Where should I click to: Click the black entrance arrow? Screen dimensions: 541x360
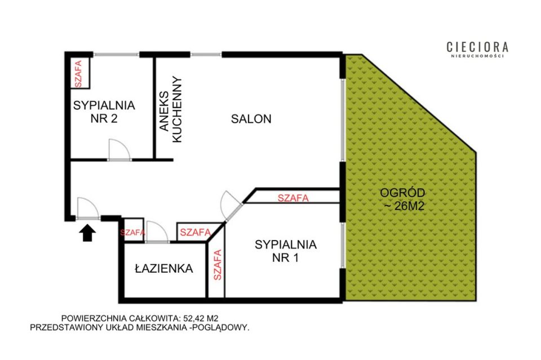(x=87, y=233)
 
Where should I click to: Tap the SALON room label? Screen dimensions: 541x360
(x=251, y=119)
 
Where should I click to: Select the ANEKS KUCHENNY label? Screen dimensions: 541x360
(x=171, y=109)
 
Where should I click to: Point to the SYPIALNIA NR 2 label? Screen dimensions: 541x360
(x=104, y=112)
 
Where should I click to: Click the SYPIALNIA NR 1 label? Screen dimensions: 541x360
(x=286, y=251)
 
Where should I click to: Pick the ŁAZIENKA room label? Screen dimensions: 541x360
(x=163, y=268)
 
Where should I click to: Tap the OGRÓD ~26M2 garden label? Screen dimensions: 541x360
(x=402, y=199)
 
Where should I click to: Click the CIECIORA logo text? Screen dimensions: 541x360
(x=477, y=47)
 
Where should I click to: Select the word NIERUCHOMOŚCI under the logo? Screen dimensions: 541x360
(x=477, y=56)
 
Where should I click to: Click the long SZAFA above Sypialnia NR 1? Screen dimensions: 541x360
(x=293, y=198)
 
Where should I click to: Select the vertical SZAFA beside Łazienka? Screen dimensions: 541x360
(x=217, y=265)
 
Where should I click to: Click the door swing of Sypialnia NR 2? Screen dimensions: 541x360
(x=119, y=149)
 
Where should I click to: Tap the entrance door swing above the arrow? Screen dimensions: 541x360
(x=88, y=208)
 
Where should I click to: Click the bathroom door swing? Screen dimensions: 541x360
(x=157, y=232)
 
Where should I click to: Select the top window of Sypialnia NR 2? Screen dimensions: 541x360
(x=116, y=55)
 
